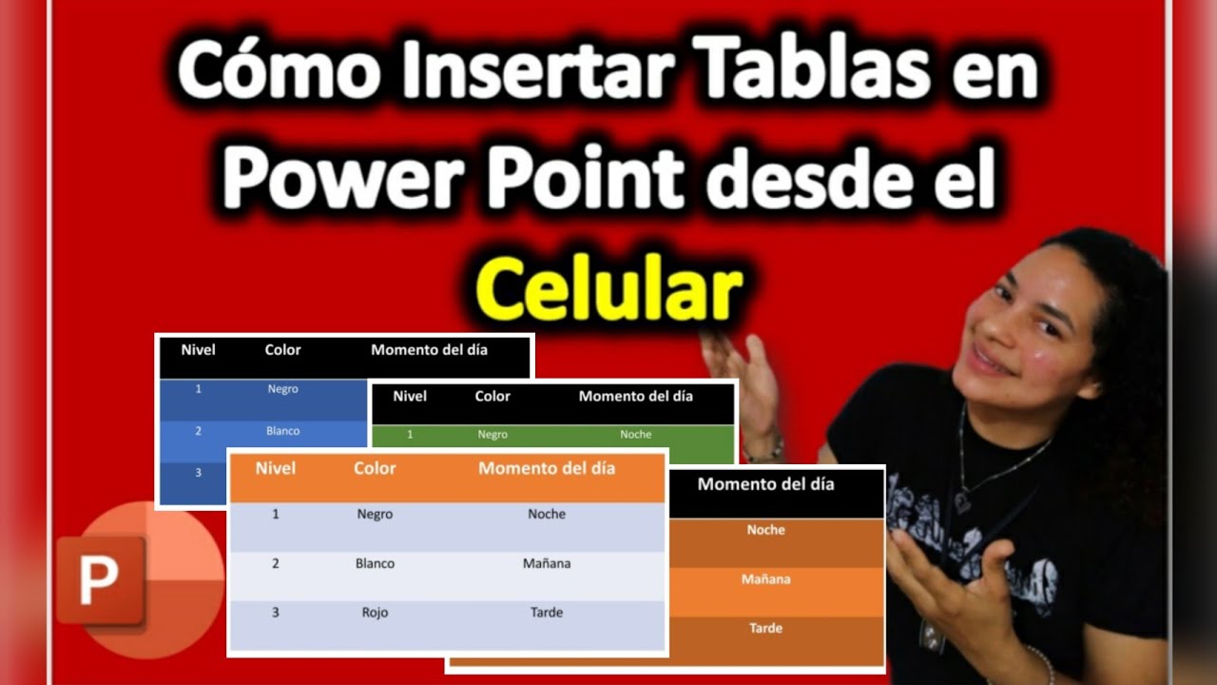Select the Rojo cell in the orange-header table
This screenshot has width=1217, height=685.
point(375,613)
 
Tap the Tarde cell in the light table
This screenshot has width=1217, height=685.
point(547,613)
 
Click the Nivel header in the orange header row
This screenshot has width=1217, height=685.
point(276,468)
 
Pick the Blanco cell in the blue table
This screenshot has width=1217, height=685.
point(282,431)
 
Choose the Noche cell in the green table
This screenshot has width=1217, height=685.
point(635,435)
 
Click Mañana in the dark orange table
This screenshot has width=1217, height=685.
point(765,578)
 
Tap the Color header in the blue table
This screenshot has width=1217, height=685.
point(282,350)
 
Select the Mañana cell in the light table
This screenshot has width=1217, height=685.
point(547,563)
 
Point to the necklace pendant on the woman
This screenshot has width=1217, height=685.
point(962,502)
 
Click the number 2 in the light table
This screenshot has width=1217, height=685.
point(276,563)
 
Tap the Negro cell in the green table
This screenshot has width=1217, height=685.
point(493,435)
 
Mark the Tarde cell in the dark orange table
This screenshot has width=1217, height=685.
point(765,628)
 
